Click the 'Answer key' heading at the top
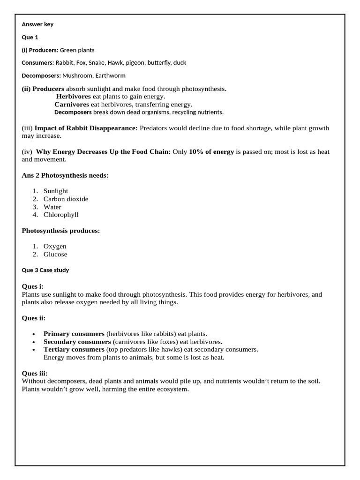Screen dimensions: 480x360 point(37,24)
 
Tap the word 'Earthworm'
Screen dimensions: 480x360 point(111,75)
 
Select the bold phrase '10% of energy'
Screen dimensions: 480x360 point(211,152)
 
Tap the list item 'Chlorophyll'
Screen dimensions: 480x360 point(61,215)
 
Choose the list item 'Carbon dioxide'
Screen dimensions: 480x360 point(66,199)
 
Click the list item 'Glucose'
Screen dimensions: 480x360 point(55,254)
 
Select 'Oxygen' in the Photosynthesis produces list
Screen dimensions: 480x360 point(55,246)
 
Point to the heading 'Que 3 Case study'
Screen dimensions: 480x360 point(45,270)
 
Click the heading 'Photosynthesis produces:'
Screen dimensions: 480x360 point(61,231)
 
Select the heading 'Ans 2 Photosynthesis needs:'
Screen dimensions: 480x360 point(65,175)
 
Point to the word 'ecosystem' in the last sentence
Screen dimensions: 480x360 point(172,389)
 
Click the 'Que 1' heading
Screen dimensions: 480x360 point(30,37)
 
